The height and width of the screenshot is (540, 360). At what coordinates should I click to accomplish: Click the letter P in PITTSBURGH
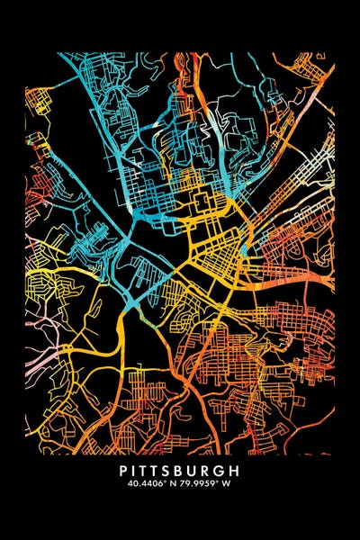tap(122, 470)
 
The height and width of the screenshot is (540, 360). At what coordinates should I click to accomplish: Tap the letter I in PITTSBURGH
tap(134, 470)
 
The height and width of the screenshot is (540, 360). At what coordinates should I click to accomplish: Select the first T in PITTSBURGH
tap(145, 470)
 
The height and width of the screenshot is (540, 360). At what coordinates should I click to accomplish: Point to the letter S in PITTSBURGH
tap(171, 470)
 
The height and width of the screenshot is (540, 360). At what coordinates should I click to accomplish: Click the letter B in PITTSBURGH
tap(184, 470)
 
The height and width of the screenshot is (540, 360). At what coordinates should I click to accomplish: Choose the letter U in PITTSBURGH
tap(198, 470)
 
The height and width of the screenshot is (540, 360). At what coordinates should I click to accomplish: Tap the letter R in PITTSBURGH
tap(211, 470)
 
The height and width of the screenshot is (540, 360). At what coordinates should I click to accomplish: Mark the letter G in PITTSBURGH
tap(225, 470)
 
